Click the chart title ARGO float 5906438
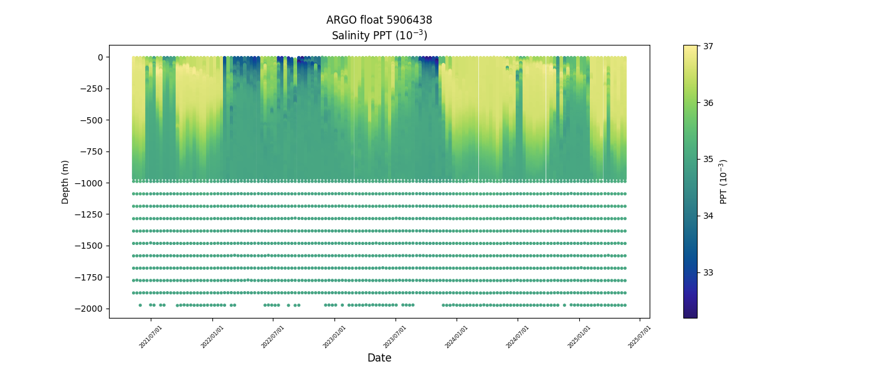[x=379, y=20]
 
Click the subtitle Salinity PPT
[x=379, y=36]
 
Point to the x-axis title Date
[x=379, y=358]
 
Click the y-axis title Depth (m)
[x=65, y=182]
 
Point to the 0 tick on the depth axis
[x=100, y=57]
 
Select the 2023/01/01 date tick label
[x=334, y=336]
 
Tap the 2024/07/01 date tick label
[x=518, y=336]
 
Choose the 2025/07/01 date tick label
[x=640, y=336]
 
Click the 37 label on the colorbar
[x=708, y=46]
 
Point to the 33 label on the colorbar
[x=708, y=272]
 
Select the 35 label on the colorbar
[x=708, y=159]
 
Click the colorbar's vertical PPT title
[x=723, y=181]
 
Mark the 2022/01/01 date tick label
[x=212, y=336]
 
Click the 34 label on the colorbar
[x=708, y=216]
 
